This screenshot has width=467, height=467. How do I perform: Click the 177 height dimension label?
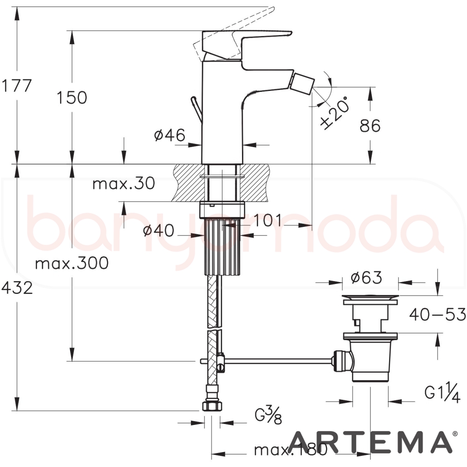(x=16, y=86)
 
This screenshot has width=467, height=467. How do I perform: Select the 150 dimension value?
(x=72, y=98)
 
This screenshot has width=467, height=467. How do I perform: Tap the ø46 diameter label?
(x=170, y=135)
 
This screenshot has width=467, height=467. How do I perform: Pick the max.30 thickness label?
(x=124, y=183)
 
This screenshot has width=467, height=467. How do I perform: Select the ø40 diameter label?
(x=158, y=230)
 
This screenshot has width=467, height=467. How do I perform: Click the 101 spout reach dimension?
(x=267, y=220)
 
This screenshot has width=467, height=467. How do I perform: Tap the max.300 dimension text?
(x=72, y=263)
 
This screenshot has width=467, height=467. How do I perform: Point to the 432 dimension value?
(x=17, y=288)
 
